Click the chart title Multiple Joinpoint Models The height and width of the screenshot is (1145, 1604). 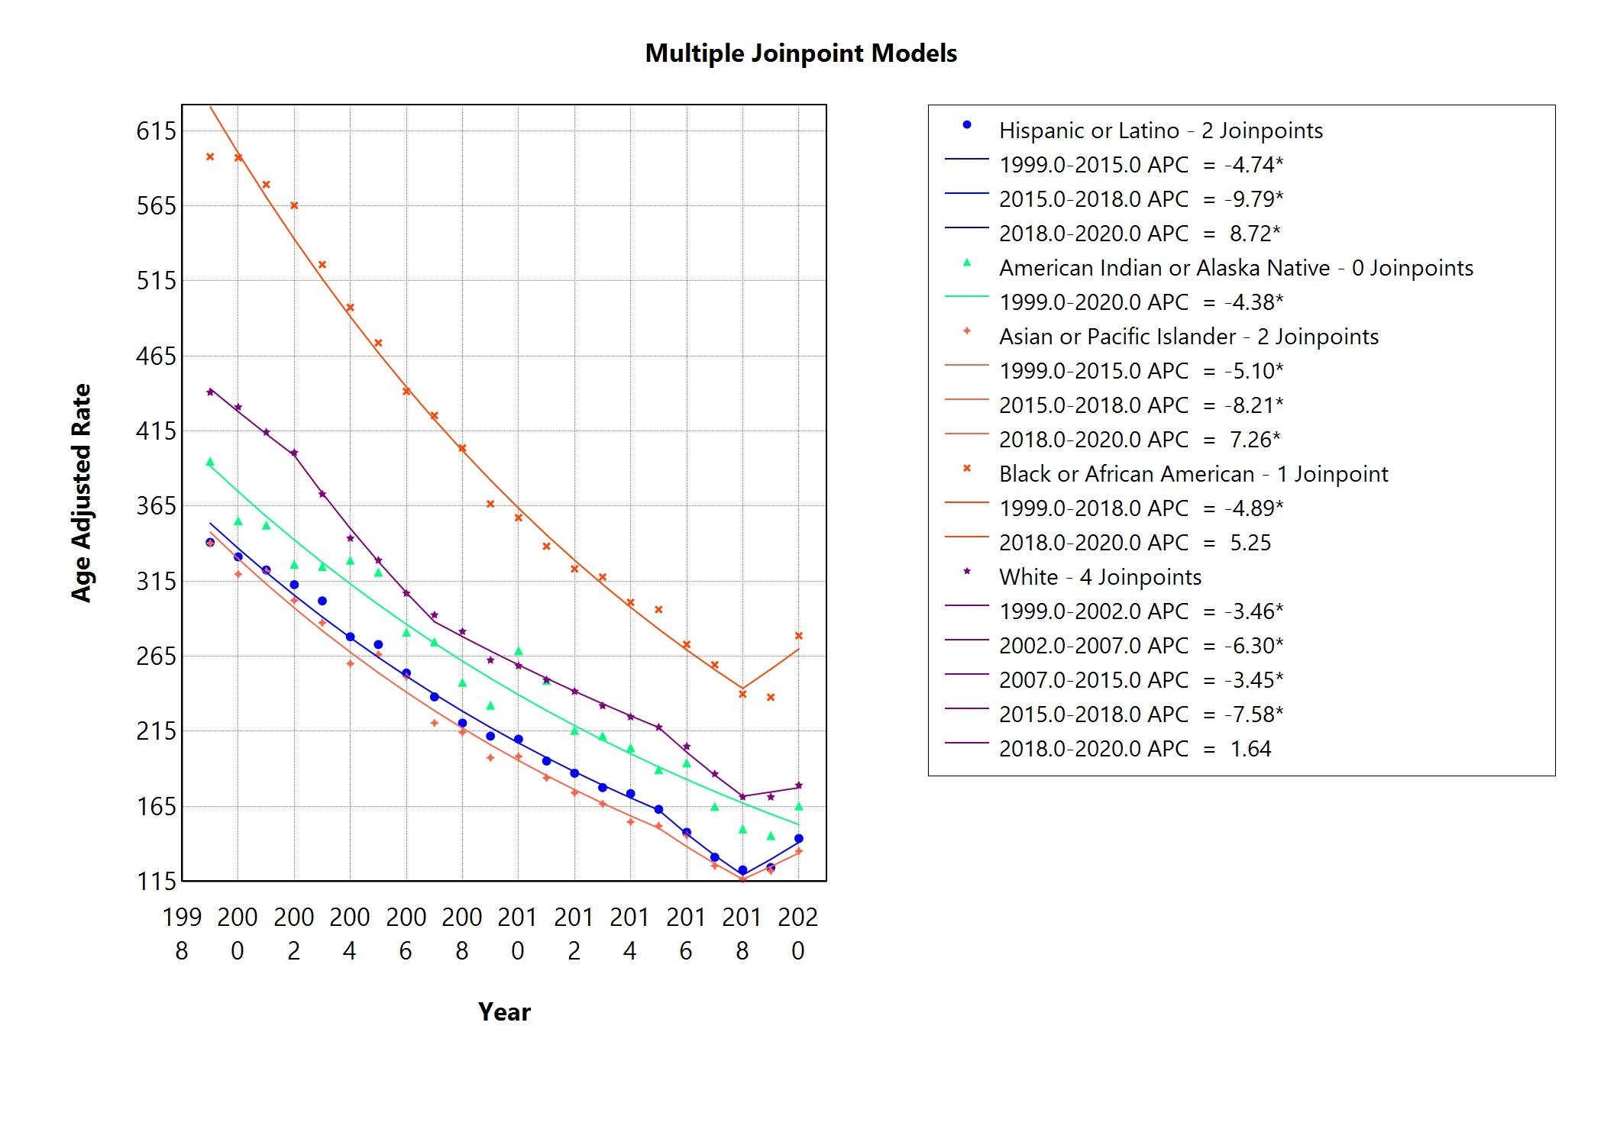coord(800,53)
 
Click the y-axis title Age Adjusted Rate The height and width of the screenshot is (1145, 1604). coord(81,493)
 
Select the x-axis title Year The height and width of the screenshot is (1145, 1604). coord(504,1011)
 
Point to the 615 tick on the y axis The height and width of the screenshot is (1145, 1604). coord(156,131)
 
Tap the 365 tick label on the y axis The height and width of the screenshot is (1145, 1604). coord(156,506)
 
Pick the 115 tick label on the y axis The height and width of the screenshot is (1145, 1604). coord(156,881)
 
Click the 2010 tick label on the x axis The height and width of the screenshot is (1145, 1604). coord(518,933)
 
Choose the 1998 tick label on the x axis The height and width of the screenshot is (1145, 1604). coord(182,933)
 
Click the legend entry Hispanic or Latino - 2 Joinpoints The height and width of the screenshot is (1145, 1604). coord(1160,131)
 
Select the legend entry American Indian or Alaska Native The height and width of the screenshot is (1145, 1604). coord(1236,268)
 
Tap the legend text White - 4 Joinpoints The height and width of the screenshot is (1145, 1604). coord(1100,577)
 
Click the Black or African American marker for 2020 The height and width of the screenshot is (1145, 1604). coord(799,636)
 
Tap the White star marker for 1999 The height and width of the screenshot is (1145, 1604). coord(210,392)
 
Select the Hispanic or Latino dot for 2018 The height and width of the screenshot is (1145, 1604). coord(742,870)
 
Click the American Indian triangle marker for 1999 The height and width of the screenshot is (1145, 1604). coord(210,462)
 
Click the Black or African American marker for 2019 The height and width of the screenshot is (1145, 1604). coord(771,697)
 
